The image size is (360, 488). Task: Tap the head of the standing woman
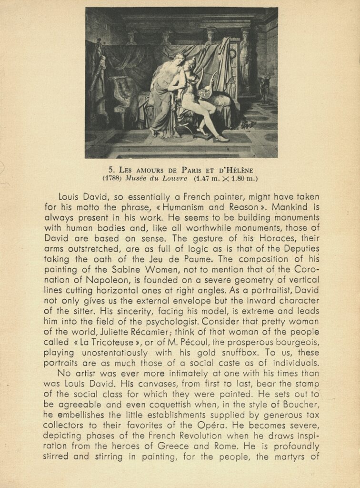click(179, 60)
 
